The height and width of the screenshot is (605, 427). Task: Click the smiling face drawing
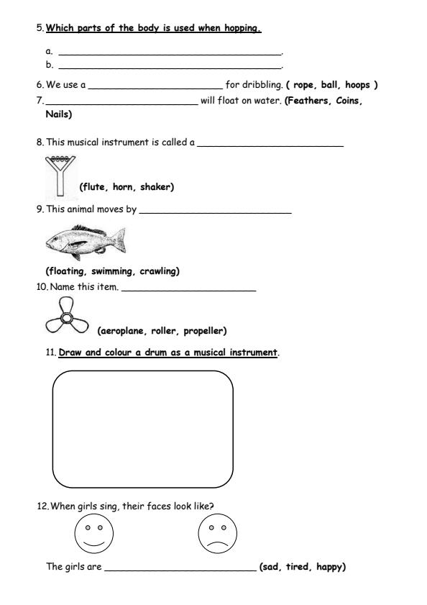[x=94, y=534]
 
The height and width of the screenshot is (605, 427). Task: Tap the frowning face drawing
[x=217, y=535]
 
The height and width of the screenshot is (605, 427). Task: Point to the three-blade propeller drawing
[x=66, y=318]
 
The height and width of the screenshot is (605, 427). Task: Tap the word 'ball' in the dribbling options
[x=330, y=84]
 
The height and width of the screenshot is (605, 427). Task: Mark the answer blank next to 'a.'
[x=170, y=53]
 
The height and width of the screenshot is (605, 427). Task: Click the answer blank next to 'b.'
[x=170, y=65]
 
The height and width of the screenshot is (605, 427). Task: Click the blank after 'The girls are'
[x=180, y=569]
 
